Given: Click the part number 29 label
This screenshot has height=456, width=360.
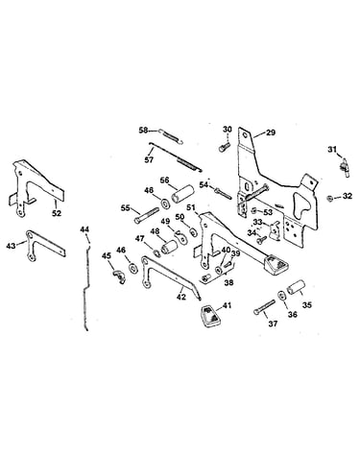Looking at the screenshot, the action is (271, 132).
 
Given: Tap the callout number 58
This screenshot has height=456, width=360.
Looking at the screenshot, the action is (143, 131).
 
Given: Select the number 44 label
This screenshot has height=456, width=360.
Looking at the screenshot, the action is (84, 229).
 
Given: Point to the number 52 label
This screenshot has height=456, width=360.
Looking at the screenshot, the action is (57, 213).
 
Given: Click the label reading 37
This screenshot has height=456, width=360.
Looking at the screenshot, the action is (273, 324).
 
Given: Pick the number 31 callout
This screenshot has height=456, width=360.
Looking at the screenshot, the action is (332, 149).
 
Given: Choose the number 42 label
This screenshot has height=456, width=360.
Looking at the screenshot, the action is (181, 297).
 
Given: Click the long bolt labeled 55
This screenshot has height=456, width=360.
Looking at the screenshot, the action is (147, 215).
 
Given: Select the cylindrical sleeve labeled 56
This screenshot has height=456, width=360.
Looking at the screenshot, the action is (181, 194).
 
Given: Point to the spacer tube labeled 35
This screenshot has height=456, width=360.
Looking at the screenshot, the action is (295, 287).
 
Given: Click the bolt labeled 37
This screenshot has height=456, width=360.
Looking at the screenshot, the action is (265, 307).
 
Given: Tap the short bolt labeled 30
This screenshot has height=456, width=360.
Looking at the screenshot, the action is (224, 147).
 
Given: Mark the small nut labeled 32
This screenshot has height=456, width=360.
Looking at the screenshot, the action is (329, 199).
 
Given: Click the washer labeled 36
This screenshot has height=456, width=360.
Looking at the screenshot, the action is (281, 295).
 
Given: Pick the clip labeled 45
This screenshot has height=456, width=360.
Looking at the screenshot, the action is (118, 276).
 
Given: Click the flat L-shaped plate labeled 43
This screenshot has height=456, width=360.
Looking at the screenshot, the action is (44, 245).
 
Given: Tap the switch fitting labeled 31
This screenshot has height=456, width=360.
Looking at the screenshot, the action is (346, 166).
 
